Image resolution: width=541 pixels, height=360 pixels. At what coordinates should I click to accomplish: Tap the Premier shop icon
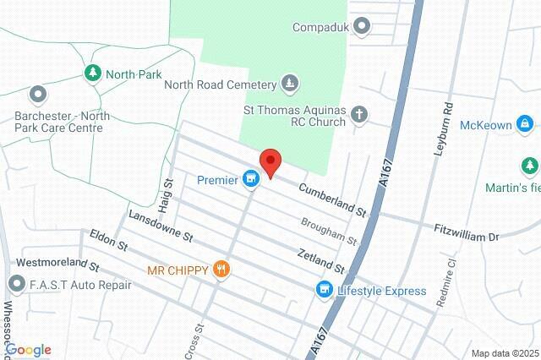coord(250,179)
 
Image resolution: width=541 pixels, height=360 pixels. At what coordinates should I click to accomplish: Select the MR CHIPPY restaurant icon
coord(221,270)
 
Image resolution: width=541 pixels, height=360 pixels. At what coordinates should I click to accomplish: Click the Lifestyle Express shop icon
coord(323,291)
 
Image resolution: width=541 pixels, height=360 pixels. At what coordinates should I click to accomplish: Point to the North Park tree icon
coord(93,74)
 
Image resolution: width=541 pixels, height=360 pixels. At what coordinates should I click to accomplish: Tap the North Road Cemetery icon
coord(291,84)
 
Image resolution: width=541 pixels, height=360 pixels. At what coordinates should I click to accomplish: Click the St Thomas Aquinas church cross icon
coord(359,114)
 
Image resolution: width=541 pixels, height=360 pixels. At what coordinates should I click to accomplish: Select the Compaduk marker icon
coord(363,27)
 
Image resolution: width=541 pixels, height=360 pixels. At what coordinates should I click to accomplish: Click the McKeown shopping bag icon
coord(526,125)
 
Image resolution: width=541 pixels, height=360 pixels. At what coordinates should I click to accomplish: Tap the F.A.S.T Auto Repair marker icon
coord(16,284)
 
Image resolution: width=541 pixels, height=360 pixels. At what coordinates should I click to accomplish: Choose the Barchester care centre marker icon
coord(37,94)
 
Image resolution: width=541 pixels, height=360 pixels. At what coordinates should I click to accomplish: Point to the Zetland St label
coord(320,261)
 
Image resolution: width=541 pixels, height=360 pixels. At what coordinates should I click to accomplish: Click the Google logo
coord(27,350)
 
